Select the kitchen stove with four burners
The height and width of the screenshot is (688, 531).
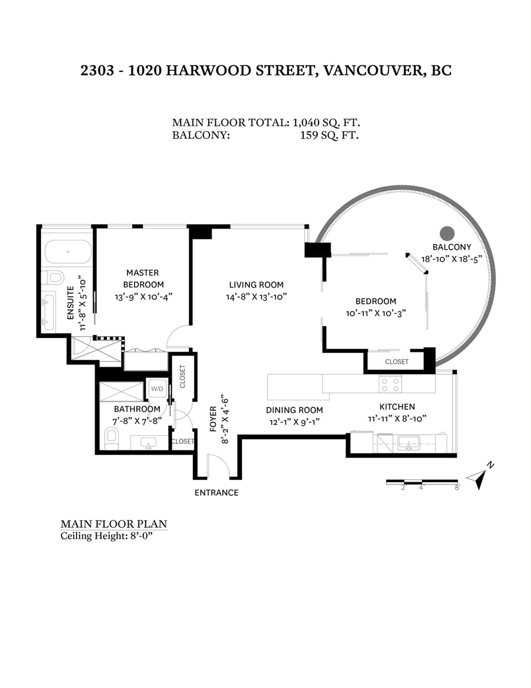coord(390,384)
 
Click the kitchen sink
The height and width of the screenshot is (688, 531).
coord(408,443)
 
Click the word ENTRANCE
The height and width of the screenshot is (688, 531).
coord(216,493)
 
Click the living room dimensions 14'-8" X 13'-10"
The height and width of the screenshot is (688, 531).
coord(256,297)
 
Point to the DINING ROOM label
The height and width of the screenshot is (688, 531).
coord(295,410)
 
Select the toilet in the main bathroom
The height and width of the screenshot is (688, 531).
coord(111,439)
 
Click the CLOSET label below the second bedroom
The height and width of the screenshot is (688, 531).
coord(397,362)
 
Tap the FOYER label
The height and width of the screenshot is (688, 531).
coord(213,419)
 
